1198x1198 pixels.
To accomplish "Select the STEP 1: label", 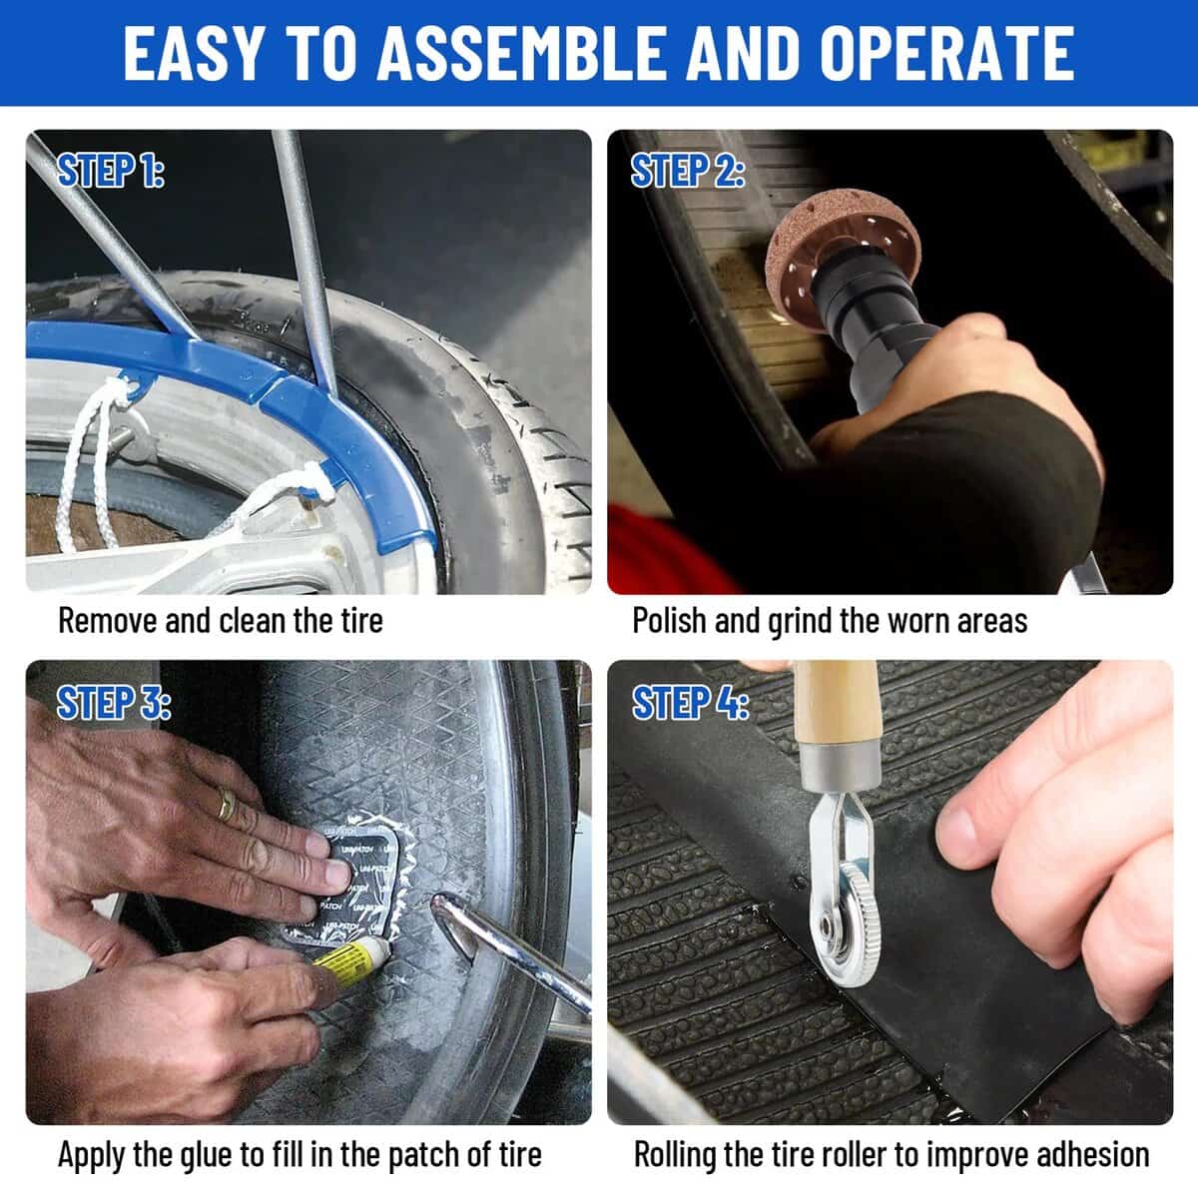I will [110, 171].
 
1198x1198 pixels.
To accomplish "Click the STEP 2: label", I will [689, 171].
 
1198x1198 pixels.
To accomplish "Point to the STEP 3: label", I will [113, 703].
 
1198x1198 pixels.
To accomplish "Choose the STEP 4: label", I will [691, 703].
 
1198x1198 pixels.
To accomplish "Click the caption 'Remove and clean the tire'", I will [221, 620].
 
